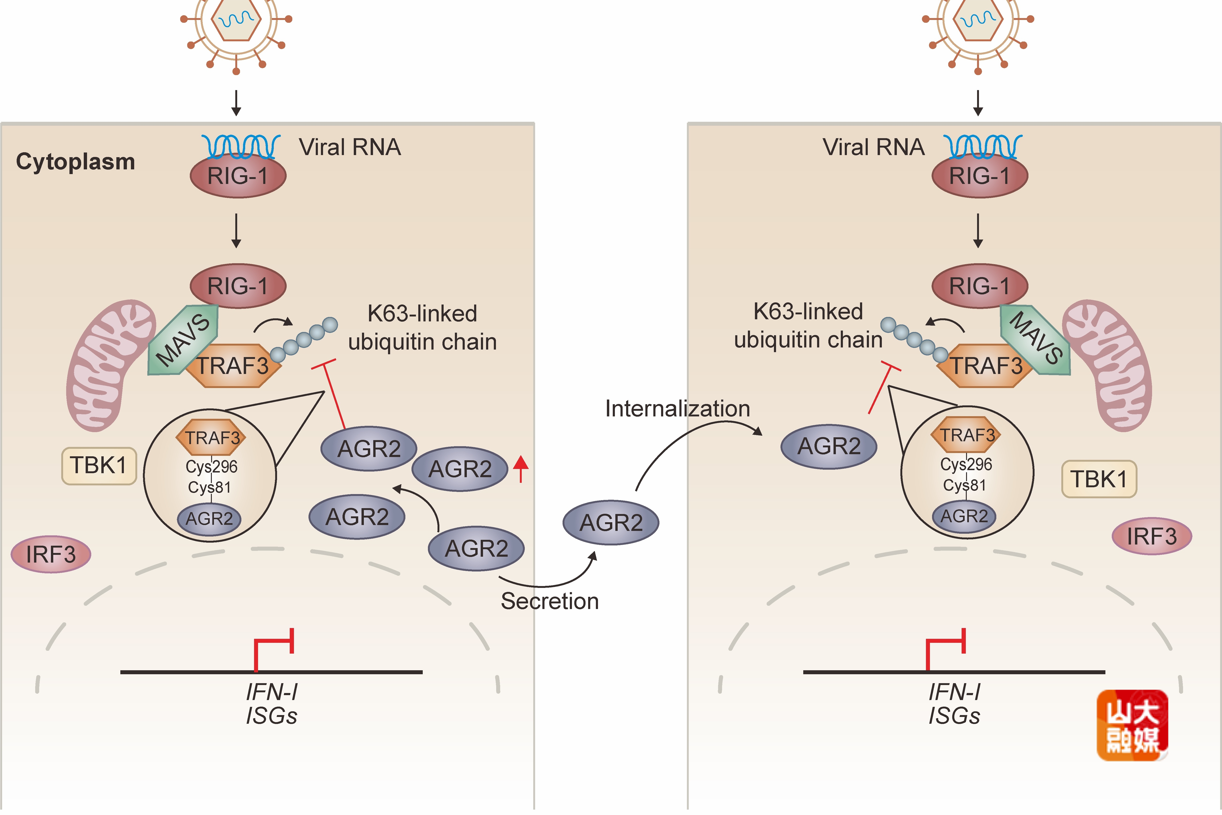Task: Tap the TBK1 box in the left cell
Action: coord(99,466)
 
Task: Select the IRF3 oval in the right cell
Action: coord(1151,536)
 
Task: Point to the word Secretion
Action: coord(549,601)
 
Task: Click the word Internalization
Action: coord(677,408)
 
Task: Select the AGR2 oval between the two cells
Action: coord(611,522)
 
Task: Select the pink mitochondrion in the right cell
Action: coord(1110,364)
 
